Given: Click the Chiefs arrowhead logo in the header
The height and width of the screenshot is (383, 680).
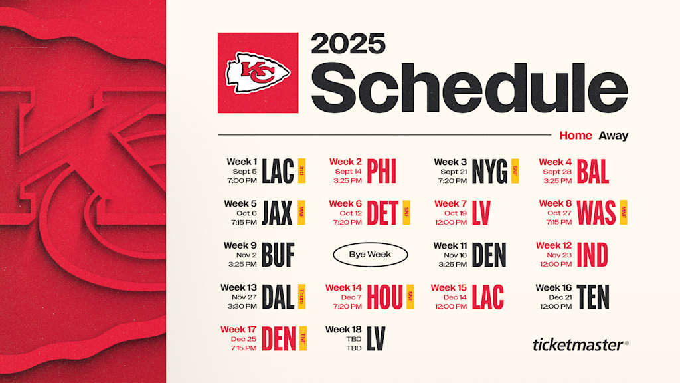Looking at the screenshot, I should click(258, 73).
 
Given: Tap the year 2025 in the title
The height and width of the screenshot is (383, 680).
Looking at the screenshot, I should click(348, 44).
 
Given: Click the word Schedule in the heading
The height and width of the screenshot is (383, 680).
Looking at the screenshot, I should click(469, 88).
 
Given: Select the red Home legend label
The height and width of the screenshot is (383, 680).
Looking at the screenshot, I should click(575, 136).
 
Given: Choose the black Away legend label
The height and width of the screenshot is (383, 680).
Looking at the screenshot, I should click(613, 136).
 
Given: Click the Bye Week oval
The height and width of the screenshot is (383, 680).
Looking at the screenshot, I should click(370, 254).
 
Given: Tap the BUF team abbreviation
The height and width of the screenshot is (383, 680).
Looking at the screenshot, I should click(278, 255).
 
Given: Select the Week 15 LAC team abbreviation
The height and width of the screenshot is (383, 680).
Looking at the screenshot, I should click(487, 297).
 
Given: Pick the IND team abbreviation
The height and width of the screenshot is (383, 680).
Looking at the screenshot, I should click(593, 255).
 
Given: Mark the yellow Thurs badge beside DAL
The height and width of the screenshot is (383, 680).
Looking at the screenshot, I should click(301, 297).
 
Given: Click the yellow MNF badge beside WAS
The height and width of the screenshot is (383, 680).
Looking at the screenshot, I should click(623, 213).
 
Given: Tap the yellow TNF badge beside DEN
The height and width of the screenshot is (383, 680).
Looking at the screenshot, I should click(303, 338).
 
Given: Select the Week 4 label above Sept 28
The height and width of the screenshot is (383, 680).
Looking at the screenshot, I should click(555, 162).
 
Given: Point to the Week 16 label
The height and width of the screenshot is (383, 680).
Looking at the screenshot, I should click(553, 287).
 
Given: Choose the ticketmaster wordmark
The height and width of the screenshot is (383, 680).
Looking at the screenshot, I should click(577, 344).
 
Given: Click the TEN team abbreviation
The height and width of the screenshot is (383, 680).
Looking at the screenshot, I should click(592, 297).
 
